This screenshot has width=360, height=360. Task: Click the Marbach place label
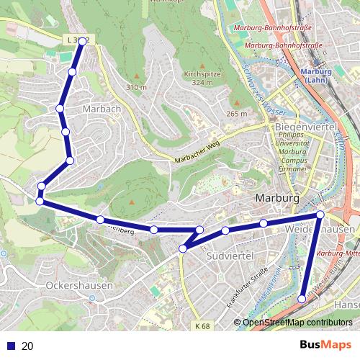[101, 108]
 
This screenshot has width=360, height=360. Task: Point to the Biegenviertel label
[300, 127]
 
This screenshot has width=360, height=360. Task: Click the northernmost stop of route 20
[83, 42]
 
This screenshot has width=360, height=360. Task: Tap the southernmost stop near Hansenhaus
[302, 298]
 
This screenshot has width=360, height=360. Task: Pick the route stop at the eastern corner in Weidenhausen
[320, 215]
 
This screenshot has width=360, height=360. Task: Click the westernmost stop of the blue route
[40, 201]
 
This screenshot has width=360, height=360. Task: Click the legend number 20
[27, 346]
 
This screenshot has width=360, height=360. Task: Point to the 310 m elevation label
[137, 87]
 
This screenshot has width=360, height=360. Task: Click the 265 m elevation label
[236, 114]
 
